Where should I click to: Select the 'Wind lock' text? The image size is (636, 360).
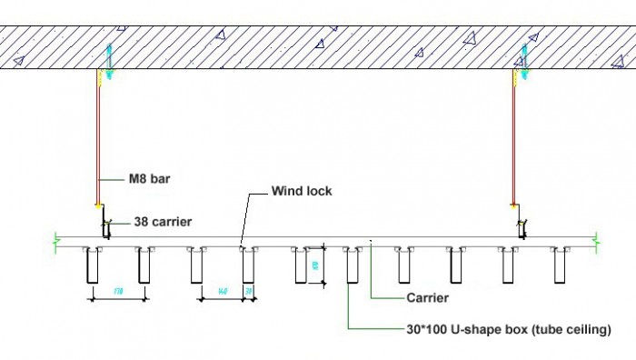tap(302, 192)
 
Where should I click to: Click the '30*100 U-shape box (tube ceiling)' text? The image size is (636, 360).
tap(508, 328)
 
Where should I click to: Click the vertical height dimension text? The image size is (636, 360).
tap(315, 265)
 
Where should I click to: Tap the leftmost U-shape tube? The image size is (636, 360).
tap(91, 265)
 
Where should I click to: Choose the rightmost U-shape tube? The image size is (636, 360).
tap(560, 265)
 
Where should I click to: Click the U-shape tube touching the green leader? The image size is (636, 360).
tap(353, 265)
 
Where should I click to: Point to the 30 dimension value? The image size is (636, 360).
tap(249, 291)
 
